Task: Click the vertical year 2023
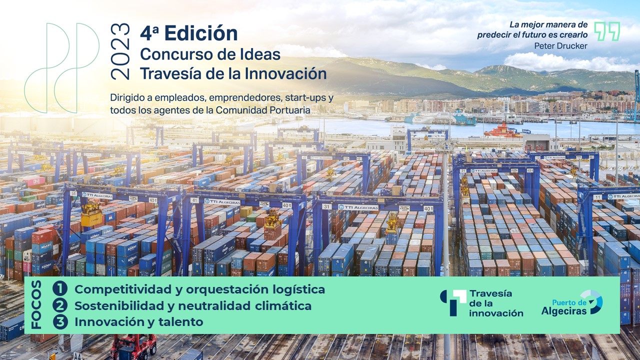(120, 51)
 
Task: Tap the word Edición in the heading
(201, 33)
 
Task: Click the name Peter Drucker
(561, 45)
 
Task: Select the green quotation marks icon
(607, 31)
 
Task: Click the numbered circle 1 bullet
(60, 289)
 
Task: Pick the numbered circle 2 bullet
(60, 305)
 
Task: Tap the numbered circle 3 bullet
(60, 321)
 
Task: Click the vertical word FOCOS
(36, 304)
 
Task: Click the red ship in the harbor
(503, 131)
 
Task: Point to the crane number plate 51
(73, 193)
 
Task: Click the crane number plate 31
(327, 206)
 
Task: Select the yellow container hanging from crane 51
(91, 219)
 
